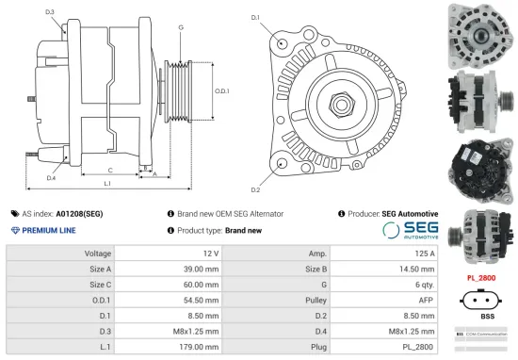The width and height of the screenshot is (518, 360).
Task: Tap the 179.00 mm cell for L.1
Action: (202, 346)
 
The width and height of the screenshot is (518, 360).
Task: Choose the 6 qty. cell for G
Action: (423, 285)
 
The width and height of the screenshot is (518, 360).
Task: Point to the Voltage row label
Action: (98, 254)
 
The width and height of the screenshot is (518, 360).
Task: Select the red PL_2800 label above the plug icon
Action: (482, 278)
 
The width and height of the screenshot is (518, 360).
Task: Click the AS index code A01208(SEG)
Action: (79, 214)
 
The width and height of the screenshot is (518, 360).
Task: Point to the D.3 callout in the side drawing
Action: (49, 11)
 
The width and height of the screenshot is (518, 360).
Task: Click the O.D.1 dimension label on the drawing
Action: (222, 90)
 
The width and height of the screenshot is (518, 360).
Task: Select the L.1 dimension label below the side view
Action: (107, 183)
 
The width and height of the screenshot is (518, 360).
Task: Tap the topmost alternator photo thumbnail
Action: (481, 32)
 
